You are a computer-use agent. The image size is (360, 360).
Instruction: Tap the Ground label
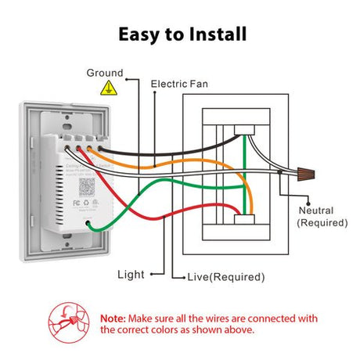click(x=105, y=72)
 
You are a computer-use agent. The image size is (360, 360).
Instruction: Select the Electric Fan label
click(x=181, y=83)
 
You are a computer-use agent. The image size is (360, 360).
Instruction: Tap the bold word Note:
click(x=114, y=318)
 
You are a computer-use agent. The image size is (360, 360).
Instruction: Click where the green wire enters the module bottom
click(x=93, y=226)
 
